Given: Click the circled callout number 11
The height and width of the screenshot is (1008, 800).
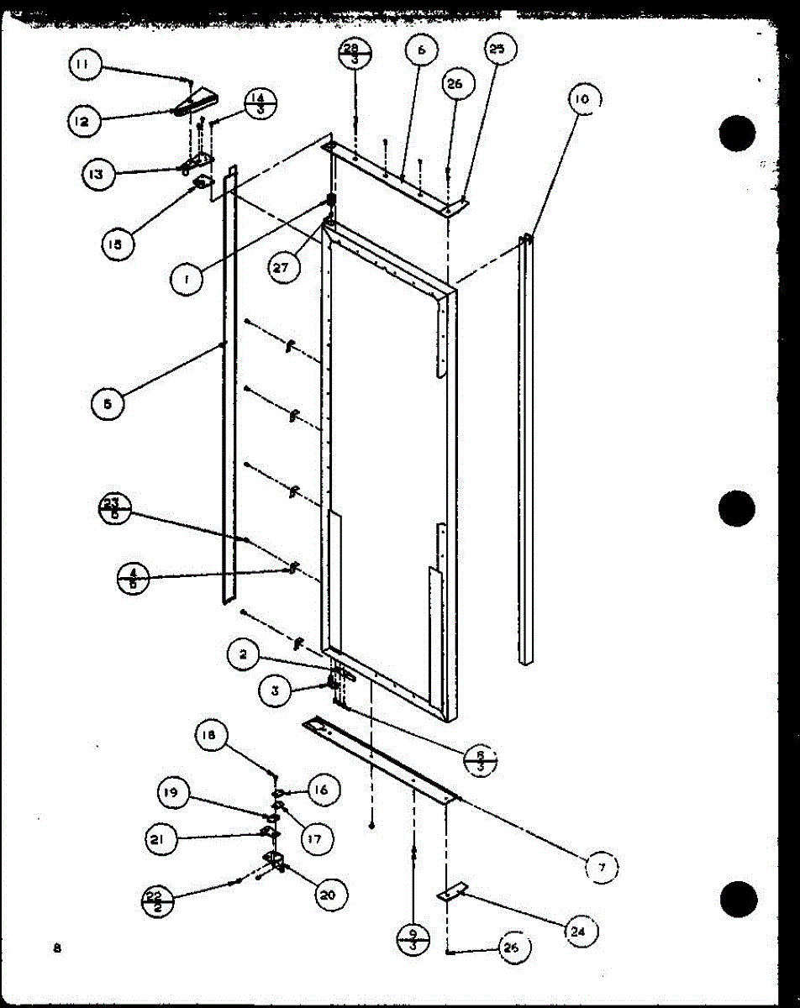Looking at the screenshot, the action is tap(86, 64).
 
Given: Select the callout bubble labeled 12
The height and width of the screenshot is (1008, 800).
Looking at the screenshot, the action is tap(83, 121).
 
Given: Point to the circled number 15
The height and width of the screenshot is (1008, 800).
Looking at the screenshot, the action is tap(114, 244).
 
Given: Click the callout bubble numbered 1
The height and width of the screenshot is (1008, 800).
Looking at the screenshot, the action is tap(187, 279).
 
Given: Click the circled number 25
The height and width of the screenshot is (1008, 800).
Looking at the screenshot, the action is tap(497, 50).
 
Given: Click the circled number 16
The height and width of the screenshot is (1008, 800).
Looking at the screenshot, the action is tap(324, 790).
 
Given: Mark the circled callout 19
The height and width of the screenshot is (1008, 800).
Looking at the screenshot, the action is tap(172, 793).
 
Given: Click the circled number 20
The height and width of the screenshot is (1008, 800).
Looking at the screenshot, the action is tap(329, 895).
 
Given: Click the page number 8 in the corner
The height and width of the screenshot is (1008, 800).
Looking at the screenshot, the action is tap(57, 948).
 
